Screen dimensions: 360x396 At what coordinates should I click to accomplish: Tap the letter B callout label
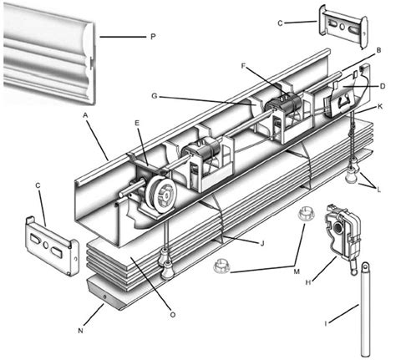click(379, 51)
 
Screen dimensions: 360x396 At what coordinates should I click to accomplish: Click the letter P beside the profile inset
click(153, 38)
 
